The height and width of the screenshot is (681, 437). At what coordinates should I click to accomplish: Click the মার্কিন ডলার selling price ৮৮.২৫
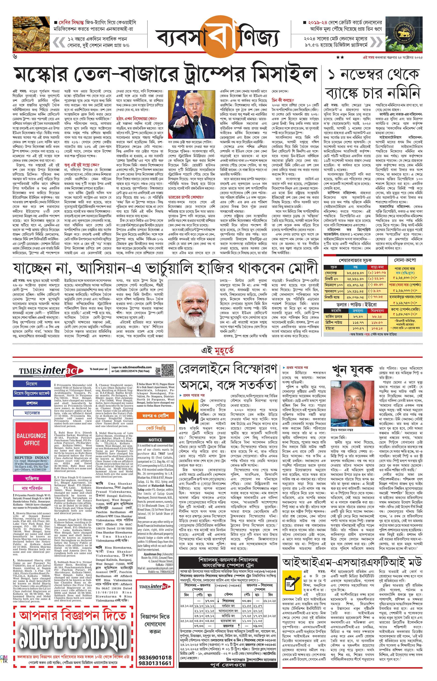[377, 316]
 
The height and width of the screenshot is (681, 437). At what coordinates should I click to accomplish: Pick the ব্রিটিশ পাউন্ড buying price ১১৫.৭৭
[358, 322]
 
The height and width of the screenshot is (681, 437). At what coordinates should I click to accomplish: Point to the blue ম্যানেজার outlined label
[31, 413]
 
